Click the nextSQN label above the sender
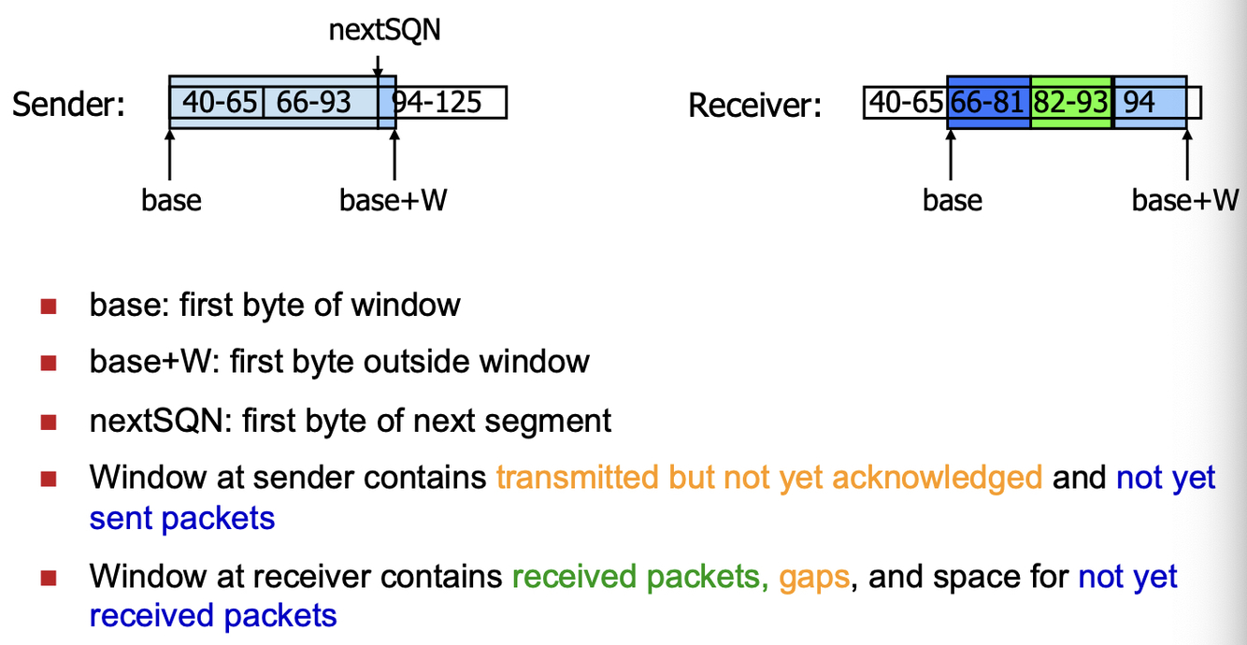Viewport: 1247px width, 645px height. click(384, 31)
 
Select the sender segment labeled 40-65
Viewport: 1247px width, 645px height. click(219, 102)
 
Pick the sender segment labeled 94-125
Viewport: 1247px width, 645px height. click(439, 102)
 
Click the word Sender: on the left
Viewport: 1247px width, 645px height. click(69, 104)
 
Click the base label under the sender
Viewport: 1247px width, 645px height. click(171, 200)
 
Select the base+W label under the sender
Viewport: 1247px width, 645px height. click(393, 200)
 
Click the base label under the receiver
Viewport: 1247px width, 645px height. click(952, 200)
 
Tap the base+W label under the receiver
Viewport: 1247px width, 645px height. click(1185, 200)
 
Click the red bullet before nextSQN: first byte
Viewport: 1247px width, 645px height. click(49, 422)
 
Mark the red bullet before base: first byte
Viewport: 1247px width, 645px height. click(49, 306)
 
